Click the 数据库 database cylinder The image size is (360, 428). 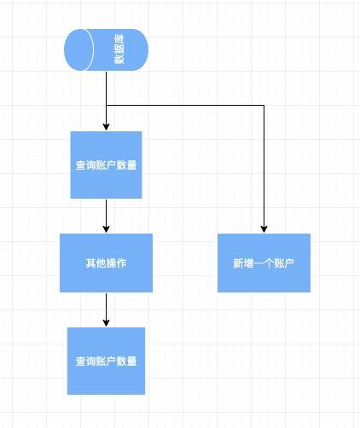(106, 49)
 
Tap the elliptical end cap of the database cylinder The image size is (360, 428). (79, 49)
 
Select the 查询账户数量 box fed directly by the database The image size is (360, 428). (106, 165)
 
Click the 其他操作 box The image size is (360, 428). (106, 263)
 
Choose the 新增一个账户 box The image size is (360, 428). (264, 263)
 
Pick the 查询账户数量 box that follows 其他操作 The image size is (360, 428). (106, 361)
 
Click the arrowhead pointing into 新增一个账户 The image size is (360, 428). (264, 229)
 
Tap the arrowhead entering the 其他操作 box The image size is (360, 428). (106, 229)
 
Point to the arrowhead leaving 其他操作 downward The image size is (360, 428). (106, 323)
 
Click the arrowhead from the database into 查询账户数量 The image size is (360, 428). (106, 127)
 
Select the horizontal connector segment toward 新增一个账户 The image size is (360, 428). (185, 106)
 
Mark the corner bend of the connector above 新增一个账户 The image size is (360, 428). (264, 106)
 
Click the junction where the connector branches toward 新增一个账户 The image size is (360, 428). (106, 106)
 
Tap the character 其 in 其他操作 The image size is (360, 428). (90, 263)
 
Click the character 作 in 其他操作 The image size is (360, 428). (122, 263)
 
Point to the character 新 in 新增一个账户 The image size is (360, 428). (238, 263)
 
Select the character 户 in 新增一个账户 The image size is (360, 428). (289, 263)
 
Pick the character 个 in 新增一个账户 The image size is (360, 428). (269, 263)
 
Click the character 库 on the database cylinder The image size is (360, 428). (119, 39)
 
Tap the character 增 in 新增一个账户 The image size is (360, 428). (248, 263)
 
